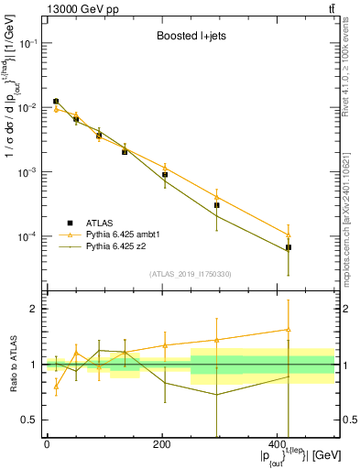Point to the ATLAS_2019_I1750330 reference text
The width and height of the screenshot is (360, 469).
click(190, 274)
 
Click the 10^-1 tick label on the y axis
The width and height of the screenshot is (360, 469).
click(28, 43)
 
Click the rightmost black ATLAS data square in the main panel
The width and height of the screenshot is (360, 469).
click(289, 247)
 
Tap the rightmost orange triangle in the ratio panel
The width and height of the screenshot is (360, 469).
click(289, 330)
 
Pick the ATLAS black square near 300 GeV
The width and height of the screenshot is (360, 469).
click(217, 205)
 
